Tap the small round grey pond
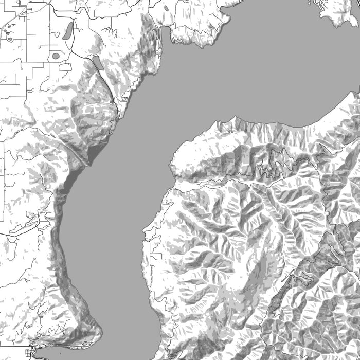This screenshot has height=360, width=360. coord(56,56)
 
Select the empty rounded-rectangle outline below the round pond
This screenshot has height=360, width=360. coord(65,67)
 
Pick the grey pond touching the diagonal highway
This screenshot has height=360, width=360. coord(98,63)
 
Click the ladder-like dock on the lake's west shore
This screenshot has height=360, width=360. coord(124,98)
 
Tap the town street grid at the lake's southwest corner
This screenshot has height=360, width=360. coord(30,353)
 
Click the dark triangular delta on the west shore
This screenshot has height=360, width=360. coord(94,153)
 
